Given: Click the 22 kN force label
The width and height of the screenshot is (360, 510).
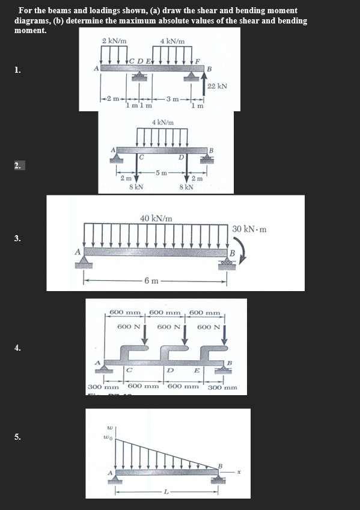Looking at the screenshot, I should click(217, 86).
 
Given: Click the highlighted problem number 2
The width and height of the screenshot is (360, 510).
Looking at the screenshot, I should click(19, 164).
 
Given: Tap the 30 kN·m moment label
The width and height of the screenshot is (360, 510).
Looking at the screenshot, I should click(249, 229).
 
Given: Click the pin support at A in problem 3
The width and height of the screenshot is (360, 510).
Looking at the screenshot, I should click(84, 260).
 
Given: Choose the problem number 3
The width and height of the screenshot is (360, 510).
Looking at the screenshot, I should click(18, 239).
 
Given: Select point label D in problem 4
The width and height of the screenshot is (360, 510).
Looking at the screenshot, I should click(170, 371).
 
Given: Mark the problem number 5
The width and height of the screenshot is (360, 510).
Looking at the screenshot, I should click(18, 437).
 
